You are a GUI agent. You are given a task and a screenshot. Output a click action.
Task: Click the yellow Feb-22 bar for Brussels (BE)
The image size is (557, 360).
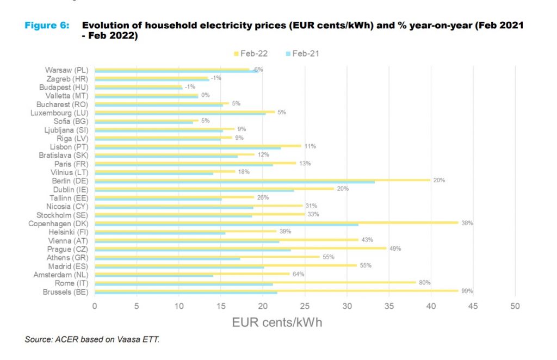[x=276, y=290]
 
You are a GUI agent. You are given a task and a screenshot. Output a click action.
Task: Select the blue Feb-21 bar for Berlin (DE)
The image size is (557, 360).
[x=234, y=182]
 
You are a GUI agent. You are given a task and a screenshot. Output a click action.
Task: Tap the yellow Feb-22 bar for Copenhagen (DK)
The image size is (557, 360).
[x=276, y=222]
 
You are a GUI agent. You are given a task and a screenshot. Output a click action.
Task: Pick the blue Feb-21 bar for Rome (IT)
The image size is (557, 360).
[x=183, y=284]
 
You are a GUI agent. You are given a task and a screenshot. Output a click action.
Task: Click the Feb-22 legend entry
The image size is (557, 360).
[x=251, y=53]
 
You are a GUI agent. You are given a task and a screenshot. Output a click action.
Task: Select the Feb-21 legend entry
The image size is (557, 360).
[x=304, y=53]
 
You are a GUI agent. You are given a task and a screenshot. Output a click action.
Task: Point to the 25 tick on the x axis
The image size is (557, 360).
[x=305, y=306]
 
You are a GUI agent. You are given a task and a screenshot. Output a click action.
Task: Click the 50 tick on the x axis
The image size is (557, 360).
[x=515, y=306]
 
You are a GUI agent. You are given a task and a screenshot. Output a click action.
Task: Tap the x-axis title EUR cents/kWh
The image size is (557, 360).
[x=277, y=322]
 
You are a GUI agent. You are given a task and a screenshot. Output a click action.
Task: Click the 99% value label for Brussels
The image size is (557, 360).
[x=467, y=291]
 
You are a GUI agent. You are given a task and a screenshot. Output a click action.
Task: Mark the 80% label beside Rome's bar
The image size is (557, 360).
[x=425, y=282]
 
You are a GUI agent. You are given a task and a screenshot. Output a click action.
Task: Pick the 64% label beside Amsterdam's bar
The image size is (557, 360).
[x=298, y=274]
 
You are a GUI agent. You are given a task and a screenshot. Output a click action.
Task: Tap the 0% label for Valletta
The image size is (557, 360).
[x=206, y=95]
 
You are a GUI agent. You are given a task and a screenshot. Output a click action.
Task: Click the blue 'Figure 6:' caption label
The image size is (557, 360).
[x=47, y=26]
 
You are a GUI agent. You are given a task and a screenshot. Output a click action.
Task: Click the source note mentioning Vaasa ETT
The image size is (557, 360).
[x=92, y=339]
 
